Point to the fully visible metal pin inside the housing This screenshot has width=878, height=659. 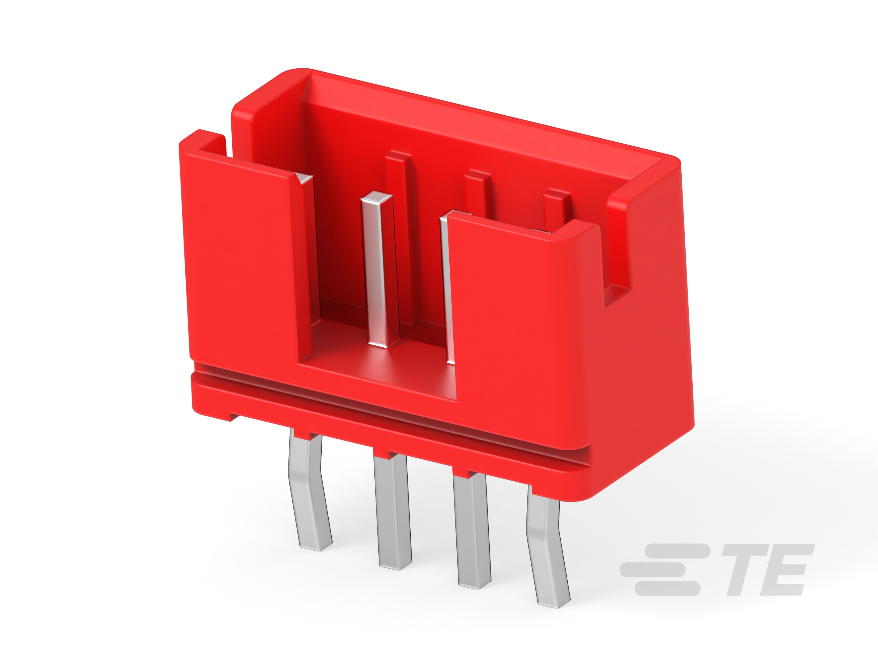(379, 270)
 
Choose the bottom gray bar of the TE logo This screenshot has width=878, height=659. (667, 588)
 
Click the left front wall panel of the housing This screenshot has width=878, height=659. (238, 258)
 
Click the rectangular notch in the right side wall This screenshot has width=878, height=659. (617, 258)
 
